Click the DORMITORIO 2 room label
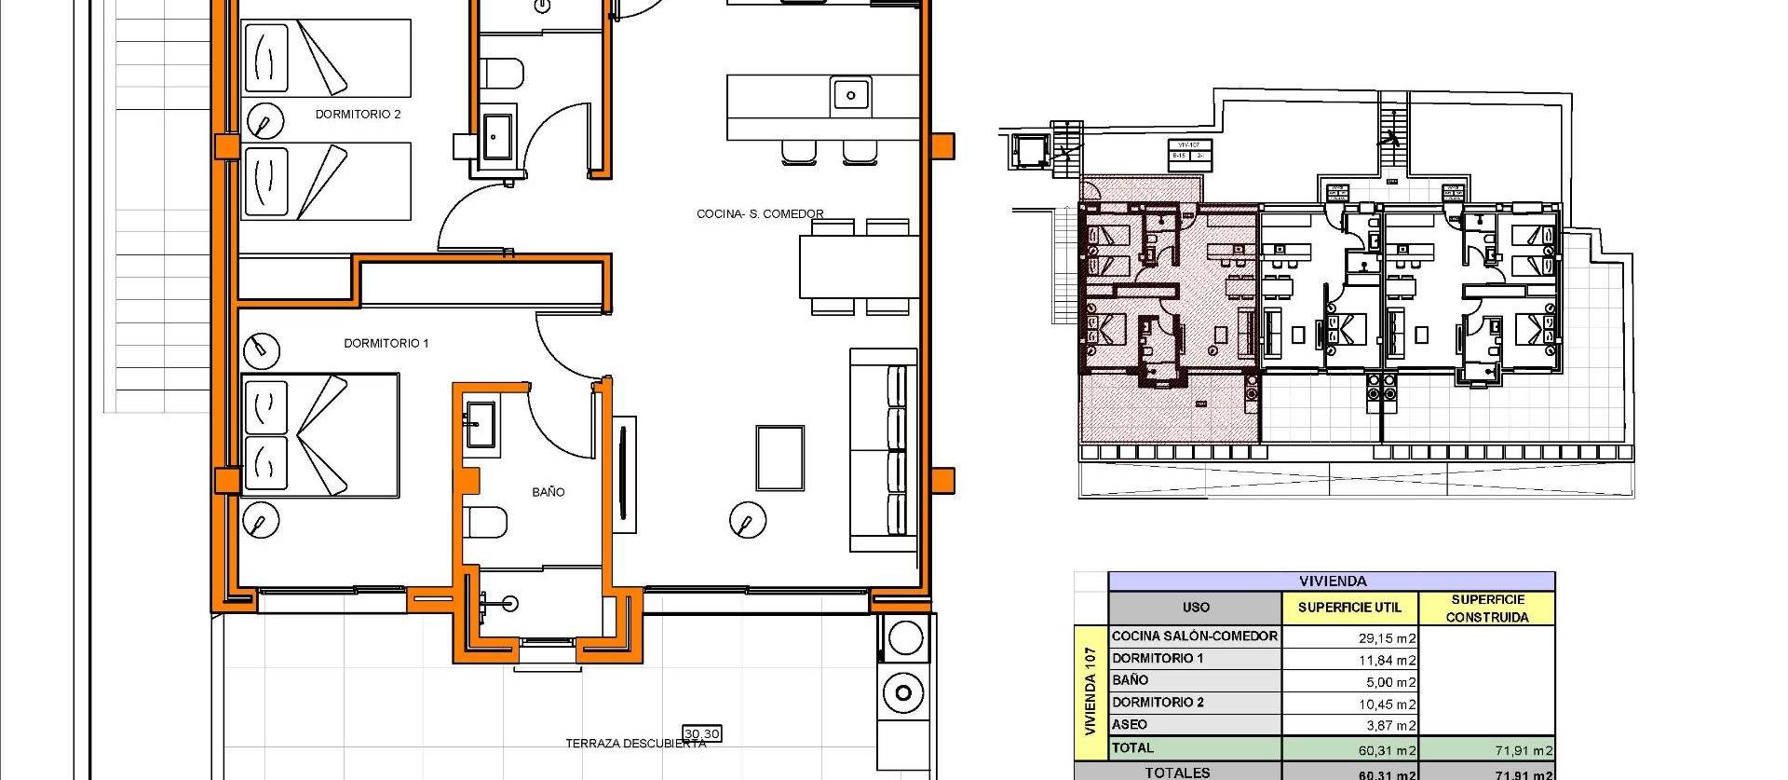click(x=358, y=115)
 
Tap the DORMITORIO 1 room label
click(x=386, y=343)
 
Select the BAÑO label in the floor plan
click(x=548, y=492)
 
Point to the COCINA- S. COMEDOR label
click(x=760, y=214)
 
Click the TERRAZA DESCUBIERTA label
click(x=635, y=744)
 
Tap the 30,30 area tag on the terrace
click(x=701, y=734)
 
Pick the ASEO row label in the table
click(x=1130, y=724)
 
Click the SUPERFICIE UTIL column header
click(x=1349, y=608)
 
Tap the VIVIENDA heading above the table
click(x=1332, y=581)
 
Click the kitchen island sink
click(x=850, y=95)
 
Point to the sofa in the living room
click(x=884, y=450)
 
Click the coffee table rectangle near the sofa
click(x=779, y=458)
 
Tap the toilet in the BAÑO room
click(x=486, y=522)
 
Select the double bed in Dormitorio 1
click(x=319, y=435)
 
